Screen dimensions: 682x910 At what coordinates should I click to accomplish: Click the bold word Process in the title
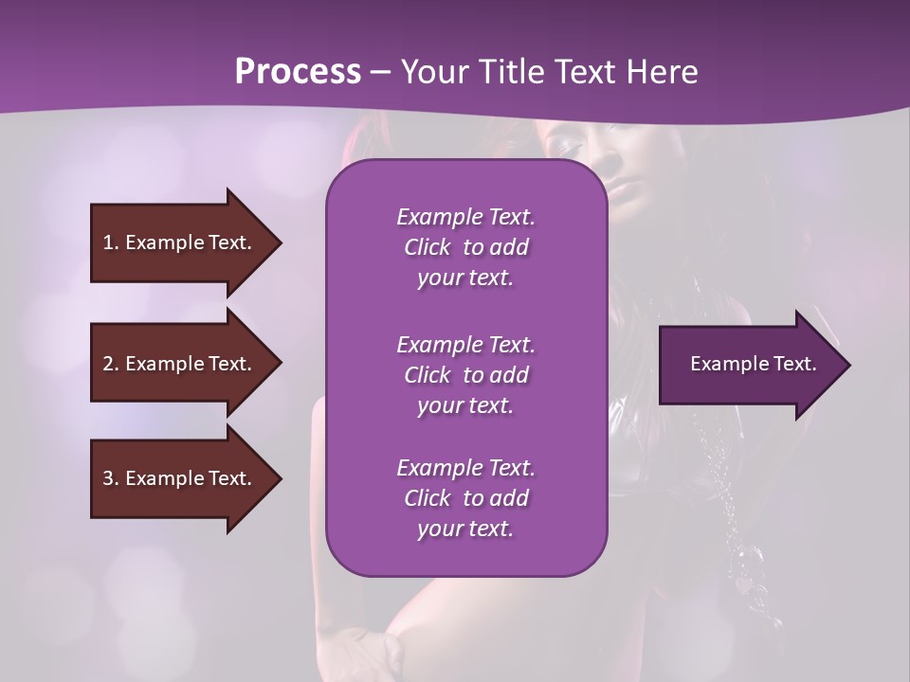click(298, 71)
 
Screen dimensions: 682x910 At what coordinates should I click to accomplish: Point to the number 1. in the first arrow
click(111, 242)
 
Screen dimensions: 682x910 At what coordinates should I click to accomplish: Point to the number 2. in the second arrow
click(111, 364)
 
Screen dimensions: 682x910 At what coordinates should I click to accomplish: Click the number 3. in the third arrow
click(111, 478)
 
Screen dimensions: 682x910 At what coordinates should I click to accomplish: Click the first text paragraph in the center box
click(465, 247)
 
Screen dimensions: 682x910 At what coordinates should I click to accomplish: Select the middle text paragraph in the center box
click(465, 374)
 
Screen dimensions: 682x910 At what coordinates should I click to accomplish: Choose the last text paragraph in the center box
click(465, 498)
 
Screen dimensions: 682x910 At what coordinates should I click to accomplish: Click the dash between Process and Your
click(380, 72)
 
